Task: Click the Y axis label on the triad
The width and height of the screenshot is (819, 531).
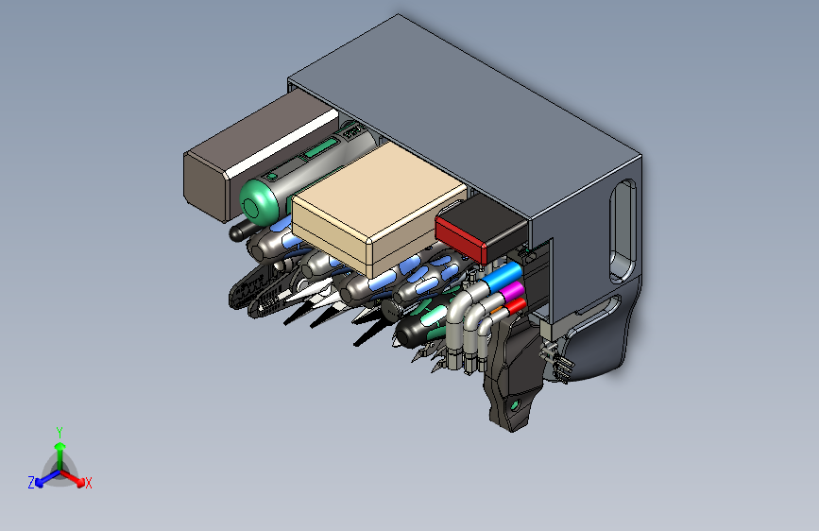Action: pyautogui.click(x=60, y=433)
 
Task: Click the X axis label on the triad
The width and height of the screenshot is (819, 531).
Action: pyautogui.click(x=88, y=484)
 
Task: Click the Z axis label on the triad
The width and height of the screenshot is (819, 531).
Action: pyautogui.click(x=31, y=483)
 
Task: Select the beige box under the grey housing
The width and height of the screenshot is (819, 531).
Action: pyautogui.click(x=379, y=208)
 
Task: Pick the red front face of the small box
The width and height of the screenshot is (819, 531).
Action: pyautogui.click(x=461, y=239)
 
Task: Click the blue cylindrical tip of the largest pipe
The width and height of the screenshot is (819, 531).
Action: pyautogui.click(x=502, y=277)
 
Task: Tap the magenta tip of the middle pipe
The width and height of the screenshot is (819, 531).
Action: pyautogui.click(x=511, y=292)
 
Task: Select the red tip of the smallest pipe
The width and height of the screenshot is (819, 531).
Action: pyautogui.click(x=516, y=306)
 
